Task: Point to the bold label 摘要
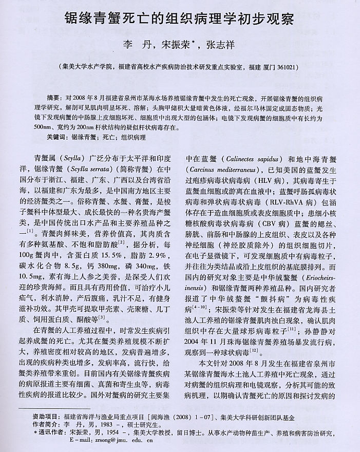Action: pos(53,97)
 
